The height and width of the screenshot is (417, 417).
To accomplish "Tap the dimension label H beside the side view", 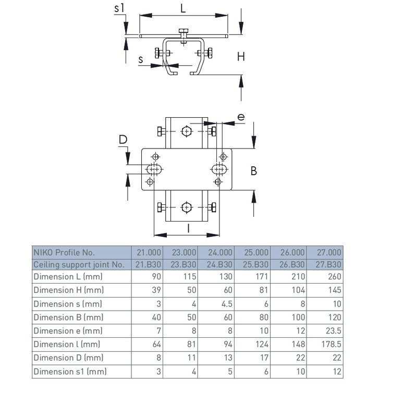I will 241,57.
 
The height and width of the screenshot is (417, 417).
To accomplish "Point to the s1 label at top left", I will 119,8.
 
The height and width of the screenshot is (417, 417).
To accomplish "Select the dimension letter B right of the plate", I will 254,170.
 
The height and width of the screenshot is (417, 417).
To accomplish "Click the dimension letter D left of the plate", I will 123,139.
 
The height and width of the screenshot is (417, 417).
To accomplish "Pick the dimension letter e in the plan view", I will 240,117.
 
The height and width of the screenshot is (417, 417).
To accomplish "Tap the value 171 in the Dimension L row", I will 261,276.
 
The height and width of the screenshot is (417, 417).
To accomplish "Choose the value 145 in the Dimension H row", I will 334,290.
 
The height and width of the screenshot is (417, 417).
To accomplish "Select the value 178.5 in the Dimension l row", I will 330,344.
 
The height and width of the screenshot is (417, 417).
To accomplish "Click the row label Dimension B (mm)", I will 67,317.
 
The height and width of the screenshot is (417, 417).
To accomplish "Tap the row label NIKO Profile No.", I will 64,252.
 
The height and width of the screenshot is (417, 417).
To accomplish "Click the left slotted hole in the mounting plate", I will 153,169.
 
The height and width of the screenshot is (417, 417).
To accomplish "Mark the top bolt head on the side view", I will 183,32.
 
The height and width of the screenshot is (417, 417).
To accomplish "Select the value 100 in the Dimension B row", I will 297,317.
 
